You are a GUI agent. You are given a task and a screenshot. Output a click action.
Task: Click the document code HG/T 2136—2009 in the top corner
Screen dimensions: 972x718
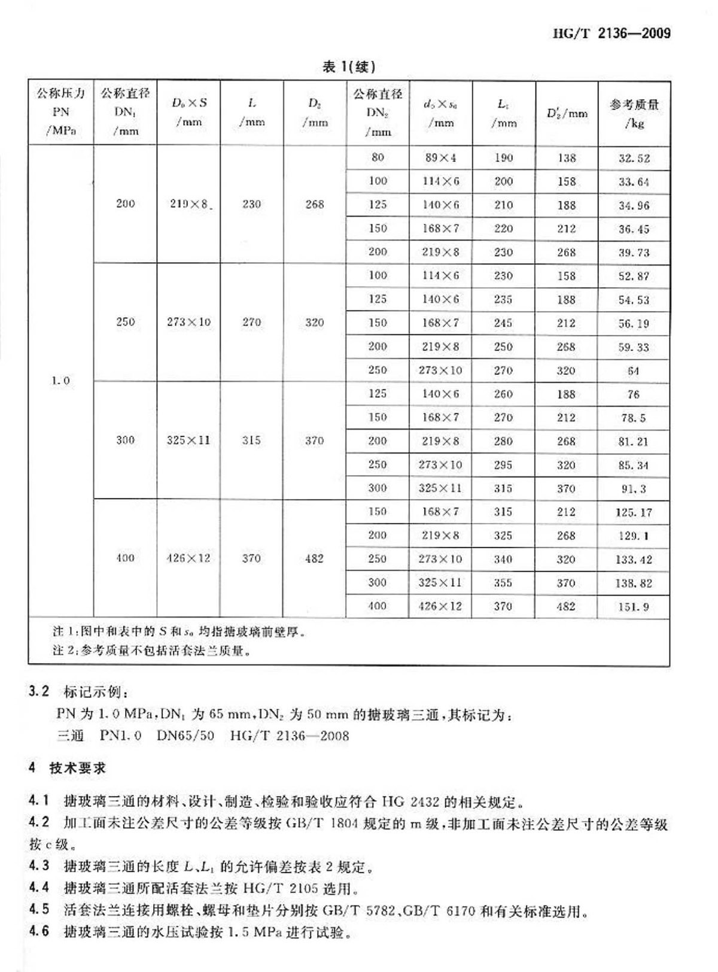(612, 34)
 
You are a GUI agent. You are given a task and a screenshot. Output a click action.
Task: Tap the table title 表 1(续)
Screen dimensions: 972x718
(349, 67)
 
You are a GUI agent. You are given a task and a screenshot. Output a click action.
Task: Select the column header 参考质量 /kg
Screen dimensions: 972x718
(634, 114)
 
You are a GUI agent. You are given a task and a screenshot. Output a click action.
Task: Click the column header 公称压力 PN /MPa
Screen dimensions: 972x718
(61, 113)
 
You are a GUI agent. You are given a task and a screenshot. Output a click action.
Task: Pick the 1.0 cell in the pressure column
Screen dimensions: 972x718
(61, 381)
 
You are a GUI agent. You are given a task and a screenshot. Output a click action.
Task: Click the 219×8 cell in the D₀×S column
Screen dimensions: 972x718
(189, 204)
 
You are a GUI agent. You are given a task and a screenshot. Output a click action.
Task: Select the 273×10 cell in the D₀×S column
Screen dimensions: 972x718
(189, 322)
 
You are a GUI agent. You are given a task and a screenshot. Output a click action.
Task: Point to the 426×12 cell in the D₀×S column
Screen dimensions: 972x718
(189, 558)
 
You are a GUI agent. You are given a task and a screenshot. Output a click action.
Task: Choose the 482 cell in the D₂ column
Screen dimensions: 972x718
(315, 558)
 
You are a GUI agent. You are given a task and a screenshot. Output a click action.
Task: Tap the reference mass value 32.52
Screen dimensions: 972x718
(634, 159)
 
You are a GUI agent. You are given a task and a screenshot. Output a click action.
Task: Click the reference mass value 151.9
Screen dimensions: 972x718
(634, 607)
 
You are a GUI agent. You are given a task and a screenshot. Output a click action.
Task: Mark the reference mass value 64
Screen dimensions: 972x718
(634, 371)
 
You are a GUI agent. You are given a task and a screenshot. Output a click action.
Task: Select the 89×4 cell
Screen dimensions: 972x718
(440, 158)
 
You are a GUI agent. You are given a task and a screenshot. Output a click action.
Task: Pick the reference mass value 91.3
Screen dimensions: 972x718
(634, 489)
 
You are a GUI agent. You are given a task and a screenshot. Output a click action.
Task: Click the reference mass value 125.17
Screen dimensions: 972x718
(634, 512)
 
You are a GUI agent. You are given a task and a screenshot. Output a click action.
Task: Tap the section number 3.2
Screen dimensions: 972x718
(38, 692)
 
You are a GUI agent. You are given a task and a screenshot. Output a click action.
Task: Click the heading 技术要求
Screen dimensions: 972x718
(78, 769)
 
